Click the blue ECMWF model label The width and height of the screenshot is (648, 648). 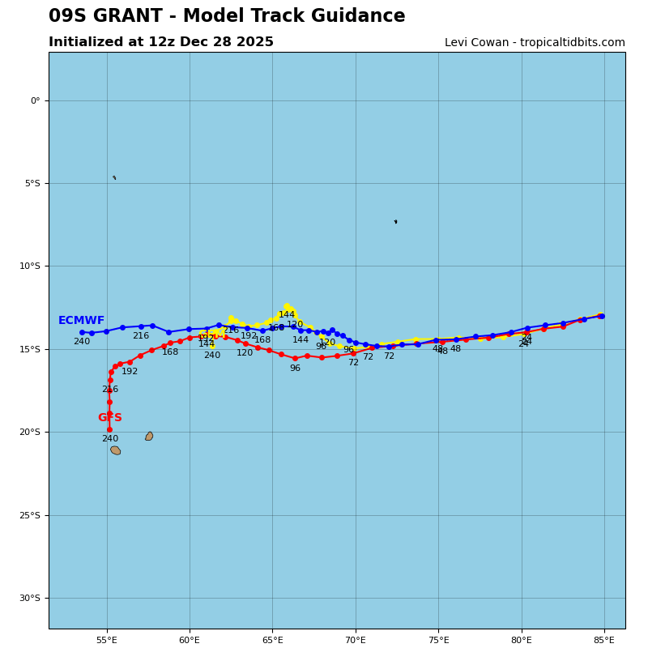coord(81,321)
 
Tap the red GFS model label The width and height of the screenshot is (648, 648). coord(109,418)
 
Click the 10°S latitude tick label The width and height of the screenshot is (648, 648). coord(30,266)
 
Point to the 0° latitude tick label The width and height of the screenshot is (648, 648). coord(35,100)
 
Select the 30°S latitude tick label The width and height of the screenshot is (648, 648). coord(30,598)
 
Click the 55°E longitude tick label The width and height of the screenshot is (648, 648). coord(107,640)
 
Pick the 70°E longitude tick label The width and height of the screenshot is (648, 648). coord(356,640)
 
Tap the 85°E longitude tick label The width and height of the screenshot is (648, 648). coord(604,640)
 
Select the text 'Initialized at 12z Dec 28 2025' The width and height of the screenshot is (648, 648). coord(161,42)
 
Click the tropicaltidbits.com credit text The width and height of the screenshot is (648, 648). coord(535,43)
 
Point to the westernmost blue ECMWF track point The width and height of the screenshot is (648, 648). coord(82,332)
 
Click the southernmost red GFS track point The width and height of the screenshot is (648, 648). coord(109,429)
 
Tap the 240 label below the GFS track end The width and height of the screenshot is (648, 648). coord(109,439)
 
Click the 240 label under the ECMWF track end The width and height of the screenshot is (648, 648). coord(82,342)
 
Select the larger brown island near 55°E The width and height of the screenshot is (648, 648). coord(116,450)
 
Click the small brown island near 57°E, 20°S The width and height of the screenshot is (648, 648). coord(149,436)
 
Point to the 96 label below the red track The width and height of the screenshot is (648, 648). coord(295,369)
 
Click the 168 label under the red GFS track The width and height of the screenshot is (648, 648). coord(170,352)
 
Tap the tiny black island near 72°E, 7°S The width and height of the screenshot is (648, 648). coord(395,221)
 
